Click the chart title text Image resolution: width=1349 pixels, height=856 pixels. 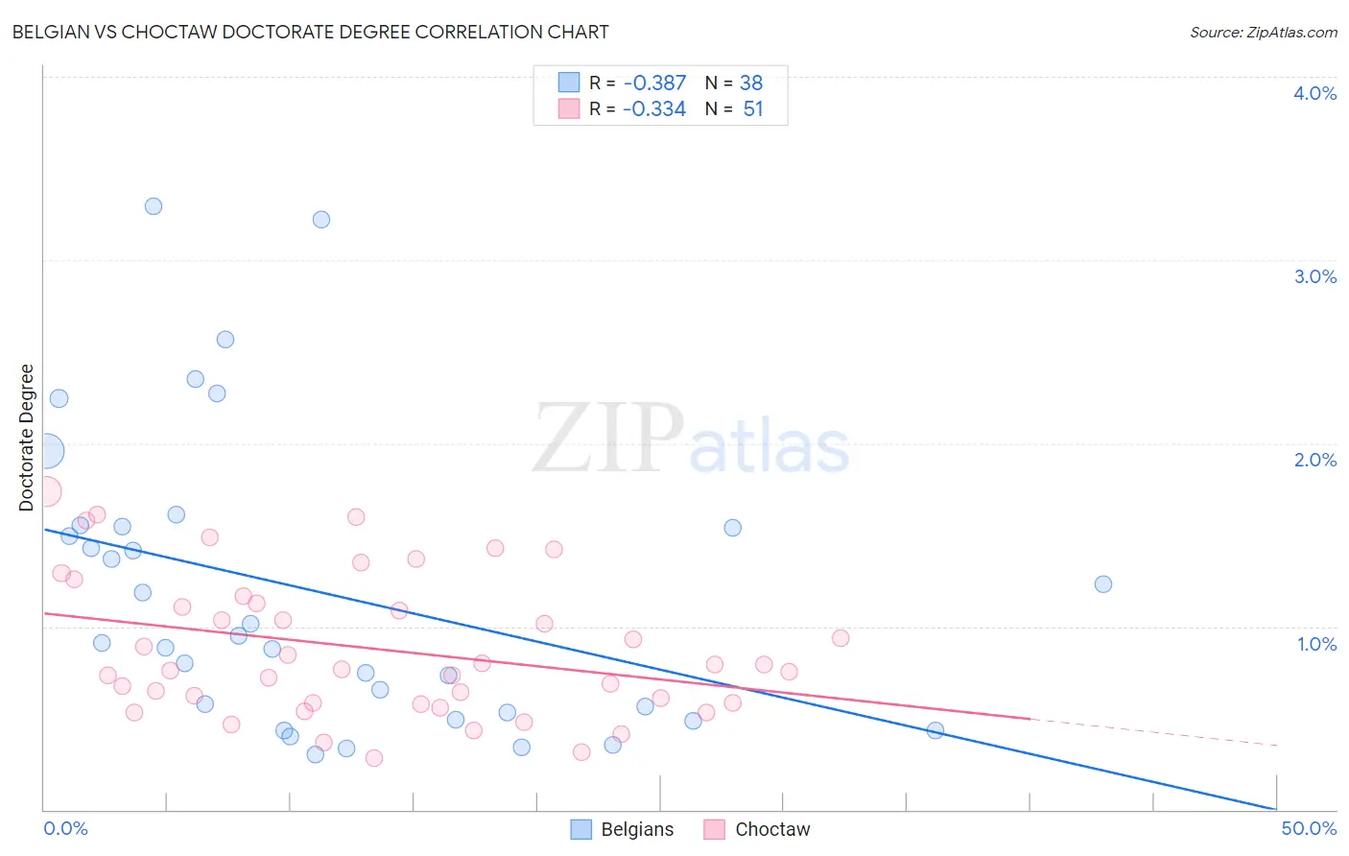[x=310, y=32]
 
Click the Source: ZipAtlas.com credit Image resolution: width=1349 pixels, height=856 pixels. [x=1263, y=32]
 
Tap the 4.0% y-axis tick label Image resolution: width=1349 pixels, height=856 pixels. [x=1314, y=93]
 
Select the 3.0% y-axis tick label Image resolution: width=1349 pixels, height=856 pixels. [x=1314, y=276]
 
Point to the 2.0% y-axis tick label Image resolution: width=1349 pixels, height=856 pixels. [x=1314, y=460]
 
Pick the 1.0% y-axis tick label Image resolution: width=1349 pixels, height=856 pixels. [x=1316, y=644]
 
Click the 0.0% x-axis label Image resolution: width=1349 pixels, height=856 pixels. [x=65, y=828]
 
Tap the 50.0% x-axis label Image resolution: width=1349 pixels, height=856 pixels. [x=1309, y=828]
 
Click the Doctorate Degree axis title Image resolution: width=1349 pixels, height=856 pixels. [x=26, y=438]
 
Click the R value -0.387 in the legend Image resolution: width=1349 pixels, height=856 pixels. [x=654, y=83]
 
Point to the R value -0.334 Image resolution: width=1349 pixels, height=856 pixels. [x=654, y=108]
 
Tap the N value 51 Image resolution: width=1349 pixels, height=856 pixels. [x=753, y=108]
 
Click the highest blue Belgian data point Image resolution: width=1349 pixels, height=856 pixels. [x=154, y=206]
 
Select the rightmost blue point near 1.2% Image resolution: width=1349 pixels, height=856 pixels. [x=1103, y=584]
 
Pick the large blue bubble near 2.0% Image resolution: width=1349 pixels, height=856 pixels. [x=46, y=450]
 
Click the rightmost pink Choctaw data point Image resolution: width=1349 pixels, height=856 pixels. [x=840, y=638]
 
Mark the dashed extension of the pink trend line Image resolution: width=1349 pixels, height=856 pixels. [x=1151, y=731]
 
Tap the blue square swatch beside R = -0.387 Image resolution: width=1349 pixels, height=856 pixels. [x=569, y=83]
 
